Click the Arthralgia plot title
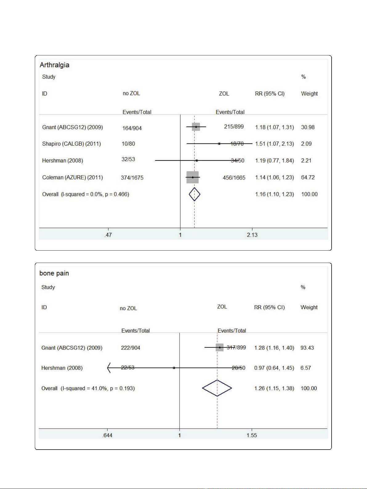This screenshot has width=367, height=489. (x=54, y=65)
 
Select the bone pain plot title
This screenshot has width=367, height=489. (x=54, y=273)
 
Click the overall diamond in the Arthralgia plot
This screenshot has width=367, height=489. (x=194, y=194)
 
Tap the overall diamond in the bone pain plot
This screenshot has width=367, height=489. (x=217, y=388)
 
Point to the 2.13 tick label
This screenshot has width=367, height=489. (x=252, y=235)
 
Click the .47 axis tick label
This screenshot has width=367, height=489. (x=108, y=235)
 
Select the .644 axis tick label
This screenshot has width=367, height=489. (x=107, y=435)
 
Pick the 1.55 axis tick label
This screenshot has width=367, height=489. (x=252, y=435)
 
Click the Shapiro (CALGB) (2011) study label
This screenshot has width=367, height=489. (x=71, y=144)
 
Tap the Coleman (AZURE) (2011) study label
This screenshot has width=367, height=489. (x=73, y=177)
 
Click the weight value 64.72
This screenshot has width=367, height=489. (x=308, y=177)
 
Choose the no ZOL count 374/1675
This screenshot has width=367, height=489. (x=132, y=178)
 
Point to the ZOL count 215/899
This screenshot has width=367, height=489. (x=234, y=127)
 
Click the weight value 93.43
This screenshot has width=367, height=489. (x=307, y=348)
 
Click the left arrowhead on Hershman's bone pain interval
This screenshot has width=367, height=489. (x=109, y=368)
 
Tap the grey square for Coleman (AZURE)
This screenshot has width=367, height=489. (x=193, y=177)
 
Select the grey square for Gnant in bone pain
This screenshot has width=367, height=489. (x=220, y=348)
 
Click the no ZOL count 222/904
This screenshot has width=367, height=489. (x=131, y=348)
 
